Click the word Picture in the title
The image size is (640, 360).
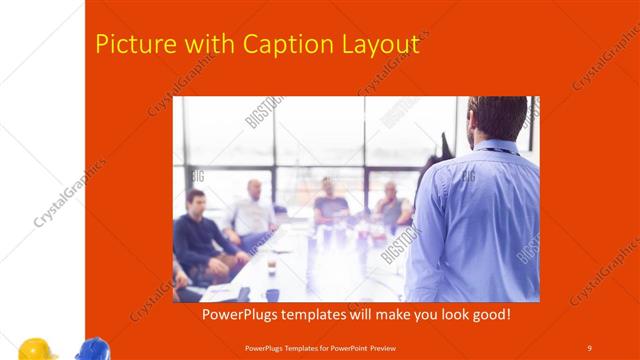129,45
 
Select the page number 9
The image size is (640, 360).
589,347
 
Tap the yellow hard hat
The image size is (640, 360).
36,349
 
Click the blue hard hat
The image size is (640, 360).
92,349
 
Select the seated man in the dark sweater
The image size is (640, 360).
198,235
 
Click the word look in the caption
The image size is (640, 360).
447,314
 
